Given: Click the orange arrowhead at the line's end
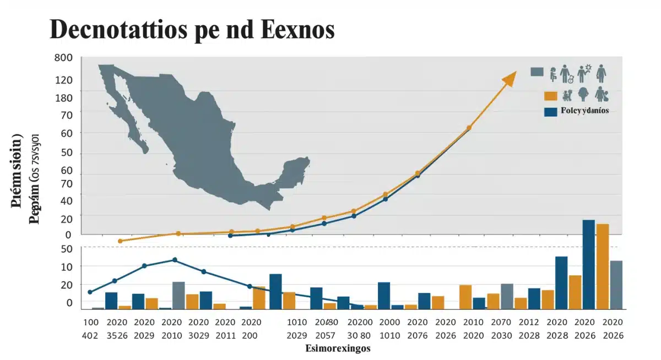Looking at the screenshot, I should pyautogui.click(x=510, y=78).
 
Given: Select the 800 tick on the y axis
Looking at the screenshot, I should pyautogui.click(x=63, y=57).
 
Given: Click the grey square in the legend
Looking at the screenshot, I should pyautogui.click(x=537, y=72).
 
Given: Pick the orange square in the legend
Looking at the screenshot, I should pyautogui.click(x=550, y=96).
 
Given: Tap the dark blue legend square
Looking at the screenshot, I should pyautogui.click(x=550, y=111).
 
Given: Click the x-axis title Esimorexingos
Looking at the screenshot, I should pyautogui.click(x=338, y=348).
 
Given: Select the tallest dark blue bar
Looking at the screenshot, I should pyautogui.click(x=588, y=264).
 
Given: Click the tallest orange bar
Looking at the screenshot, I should pyautogui.click(x=603, y=266).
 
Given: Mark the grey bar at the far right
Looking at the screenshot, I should pyautogui.click(x=616, y=284).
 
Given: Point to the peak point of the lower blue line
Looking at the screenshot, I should pyautogui.click(x=175, y=260).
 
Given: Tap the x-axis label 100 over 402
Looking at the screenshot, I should pyautogui.click(x=91, y=328).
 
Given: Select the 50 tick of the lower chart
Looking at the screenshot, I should pyautogui.click(x=66, y=249).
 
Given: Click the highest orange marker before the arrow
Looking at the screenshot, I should pyautogui.click(x=469, y=128).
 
